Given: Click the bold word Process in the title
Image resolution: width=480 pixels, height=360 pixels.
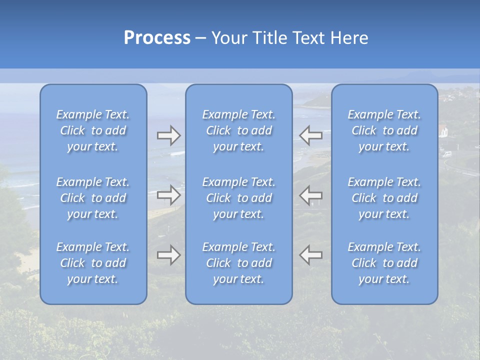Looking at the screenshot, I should pyautogui.click(x=157, y=38).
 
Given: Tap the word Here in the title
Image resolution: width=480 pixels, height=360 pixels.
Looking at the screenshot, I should pyautogui.click(x=349, y=38).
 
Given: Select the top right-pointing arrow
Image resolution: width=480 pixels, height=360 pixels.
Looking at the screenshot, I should pyautogui.click(x=169, y=135).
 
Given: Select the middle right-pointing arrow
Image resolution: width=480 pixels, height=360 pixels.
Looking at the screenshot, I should pyautogui.click(x=169, y=195).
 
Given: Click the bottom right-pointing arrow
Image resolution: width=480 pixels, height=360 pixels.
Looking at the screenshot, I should pyautogui.click(x=169, y=255).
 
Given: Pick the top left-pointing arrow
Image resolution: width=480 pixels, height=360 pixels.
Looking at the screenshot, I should pyautogui.click(x=310, y=135).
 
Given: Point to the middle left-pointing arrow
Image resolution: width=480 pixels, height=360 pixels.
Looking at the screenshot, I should pyautogui.click(x=310, y=195).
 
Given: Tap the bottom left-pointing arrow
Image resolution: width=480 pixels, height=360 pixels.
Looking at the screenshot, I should pyautogui.click(x=310, y=255).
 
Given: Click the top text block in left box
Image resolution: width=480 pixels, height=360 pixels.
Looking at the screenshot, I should pyautogui.click(x=93, y=130).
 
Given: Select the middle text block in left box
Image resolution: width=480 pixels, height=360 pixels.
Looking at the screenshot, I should pyautogui.click(x=93, y=198).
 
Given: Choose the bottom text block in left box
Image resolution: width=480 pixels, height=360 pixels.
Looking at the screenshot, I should pyautogui.click(x=93, y=263).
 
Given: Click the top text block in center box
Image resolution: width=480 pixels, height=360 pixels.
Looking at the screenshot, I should pyautogui.click(x=239, y=130).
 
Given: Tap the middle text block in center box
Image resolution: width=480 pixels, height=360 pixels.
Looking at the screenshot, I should pyautogui.click(x=239, y=198).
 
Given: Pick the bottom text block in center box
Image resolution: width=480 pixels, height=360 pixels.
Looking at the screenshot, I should pyautogui.click(x=239, y=263).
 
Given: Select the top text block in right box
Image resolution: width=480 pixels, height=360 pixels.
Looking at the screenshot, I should pyautogui.click(x=384, y=130).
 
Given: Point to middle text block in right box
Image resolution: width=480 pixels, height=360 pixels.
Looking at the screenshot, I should pyautogui.click(x=384, y=198).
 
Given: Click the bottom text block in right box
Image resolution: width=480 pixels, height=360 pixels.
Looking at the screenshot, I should pyautogui.click(x=384, y=263).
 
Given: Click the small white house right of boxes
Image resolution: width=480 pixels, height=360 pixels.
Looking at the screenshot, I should pyautogui.click(x=443, y=131).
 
